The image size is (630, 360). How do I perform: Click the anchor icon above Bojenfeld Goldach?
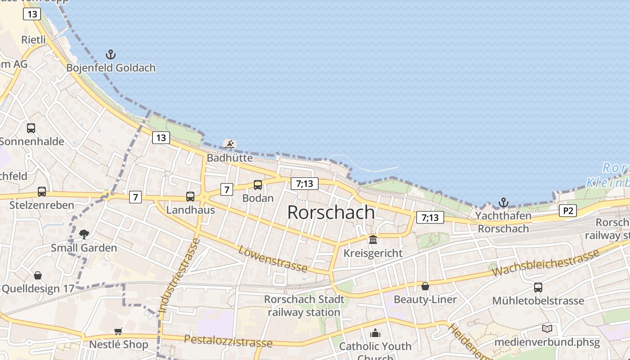[x=111, y=54]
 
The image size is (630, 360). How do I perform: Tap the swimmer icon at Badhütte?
[x=230, y=144]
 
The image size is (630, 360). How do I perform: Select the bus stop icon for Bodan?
[x=258, y=184]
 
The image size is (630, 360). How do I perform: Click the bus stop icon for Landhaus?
[x=190, y=196]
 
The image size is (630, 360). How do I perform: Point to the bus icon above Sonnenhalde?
[x=31, y=128]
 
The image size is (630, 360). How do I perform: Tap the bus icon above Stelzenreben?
[x=42, y=192]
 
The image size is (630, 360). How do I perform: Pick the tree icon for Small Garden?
[x=84, y=234]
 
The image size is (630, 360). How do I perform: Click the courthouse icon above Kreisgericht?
[x=373, y=239]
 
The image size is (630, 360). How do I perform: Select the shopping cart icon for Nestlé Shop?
[x=118, y=331]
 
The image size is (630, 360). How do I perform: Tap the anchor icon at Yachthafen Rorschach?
[x=503, y=202]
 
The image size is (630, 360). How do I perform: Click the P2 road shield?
[x=568, y=211]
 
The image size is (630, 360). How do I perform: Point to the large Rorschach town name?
[x=331, y=212]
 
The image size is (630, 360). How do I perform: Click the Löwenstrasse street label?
[x=273, y=259]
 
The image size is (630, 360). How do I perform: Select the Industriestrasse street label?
[x=179, y=276]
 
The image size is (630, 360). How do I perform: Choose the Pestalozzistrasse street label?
[x=228, y=341]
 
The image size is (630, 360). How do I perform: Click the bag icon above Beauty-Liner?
[x=425, y=286]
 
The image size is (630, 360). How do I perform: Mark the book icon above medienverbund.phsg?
[x=547, y=329]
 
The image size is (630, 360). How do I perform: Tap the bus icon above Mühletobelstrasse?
[x=538, y=288]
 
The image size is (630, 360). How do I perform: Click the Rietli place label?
[x=34, y=40]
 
